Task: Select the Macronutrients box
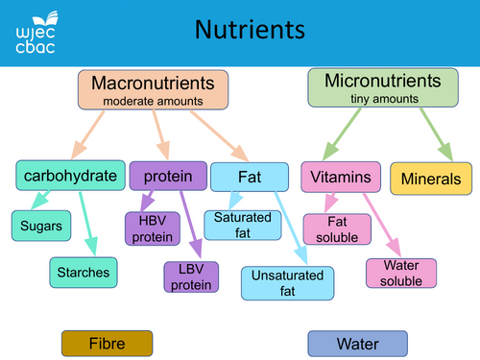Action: click(153, 88)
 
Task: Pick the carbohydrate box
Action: click(72, 176)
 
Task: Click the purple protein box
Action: click(168, 176)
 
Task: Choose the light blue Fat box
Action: click(249, 177)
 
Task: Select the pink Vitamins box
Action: click(340, 178)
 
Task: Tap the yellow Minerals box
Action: click(431, 179)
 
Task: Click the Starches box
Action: click(82, 273)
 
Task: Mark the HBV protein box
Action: click(152, 228)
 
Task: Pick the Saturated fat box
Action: click(242, 225)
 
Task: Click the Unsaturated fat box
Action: click(287, 282)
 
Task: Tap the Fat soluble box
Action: click(331, 229)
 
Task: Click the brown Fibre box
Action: click(107, 343)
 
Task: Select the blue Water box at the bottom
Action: click(357, 343)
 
